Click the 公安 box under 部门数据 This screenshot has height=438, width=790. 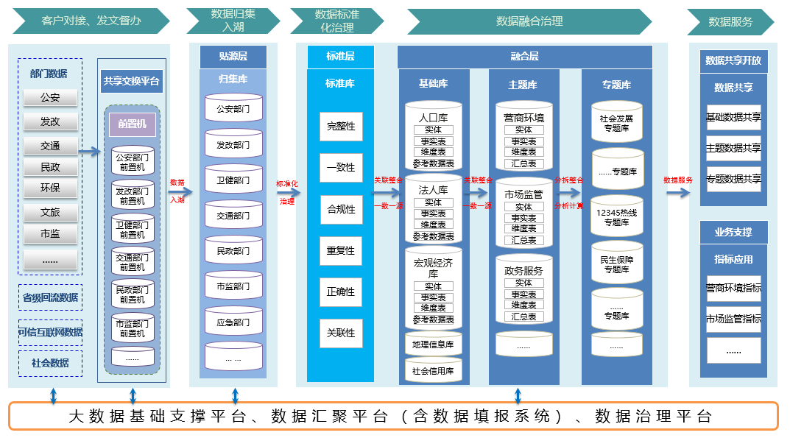50,97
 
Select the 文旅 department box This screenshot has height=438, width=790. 50,213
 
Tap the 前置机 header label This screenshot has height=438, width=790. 132,124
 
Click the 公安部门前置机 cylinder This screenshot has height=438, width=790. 133,162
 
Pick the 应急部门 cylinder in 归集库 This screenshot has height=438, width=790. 233,322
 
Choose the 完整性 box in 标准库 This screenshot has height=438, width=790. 341,126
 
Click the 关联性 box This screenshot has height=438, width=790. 341,333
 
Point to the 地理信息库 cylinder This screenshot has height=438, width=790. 433,344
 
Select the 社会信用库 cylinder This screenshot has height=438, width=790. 433,371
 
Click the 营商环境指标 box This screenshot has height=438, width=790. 733,289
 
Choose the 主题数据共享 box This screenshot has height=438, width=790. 733,148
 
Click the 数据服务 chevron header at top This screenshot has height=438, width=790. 730,22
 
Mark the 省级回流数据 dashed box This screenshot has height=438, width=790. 50,298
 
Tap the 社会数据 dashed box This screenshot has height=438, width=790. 50,363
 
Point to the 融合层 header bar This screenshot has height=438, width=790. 524,56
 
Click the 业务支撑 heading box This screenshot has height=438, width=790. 733,233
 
